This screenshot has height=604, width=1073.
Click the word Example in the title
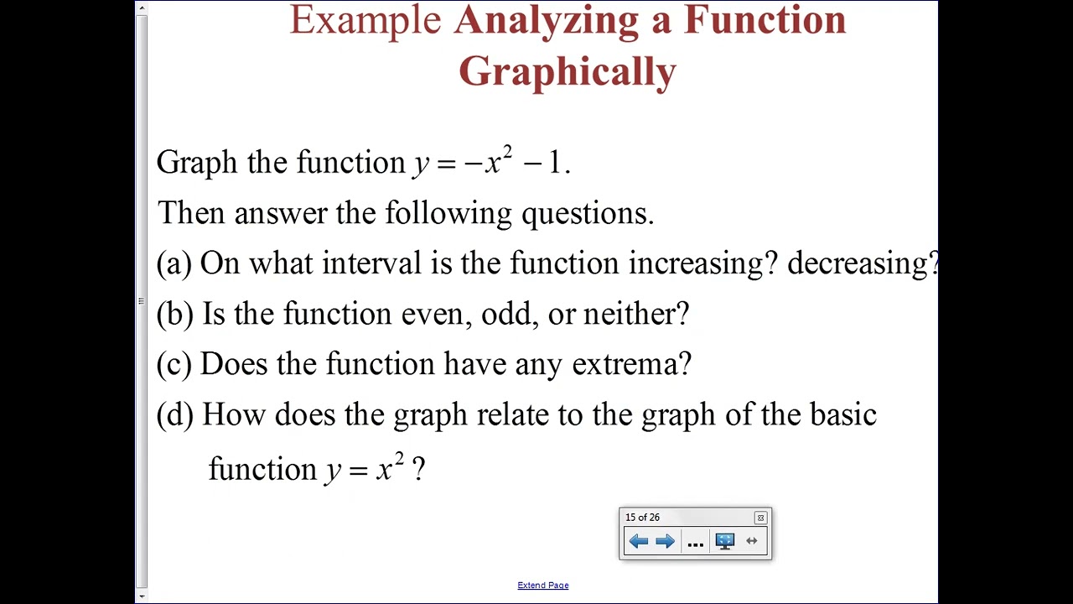point(365,20)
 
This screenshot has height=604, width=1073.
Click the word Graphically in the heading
point(568,72)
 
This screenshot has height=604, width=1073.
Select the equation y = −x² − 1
point(491,162)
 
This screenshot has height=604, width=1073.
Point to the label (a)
point(174,263)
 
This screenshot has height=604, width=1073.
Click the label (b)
point(174,314)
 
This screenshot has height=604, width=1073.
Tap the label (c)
point(174,364)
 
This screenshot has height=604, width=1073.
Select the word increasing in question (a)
point(696,263)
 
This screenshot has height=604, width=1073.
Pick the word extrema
point(631,364)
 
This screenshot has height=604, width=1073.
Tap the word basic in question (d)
point(842,414)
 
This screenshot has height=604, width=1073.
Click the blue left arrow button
point(639,541)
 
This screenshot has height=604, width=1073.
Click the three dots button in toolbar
point(695,543)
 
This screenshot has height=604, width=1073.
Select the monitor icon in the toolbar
point(725,541)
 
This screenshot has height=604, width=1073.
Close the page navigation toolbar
point(760,518)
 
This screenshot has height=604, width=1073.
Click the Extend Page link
point(542,586)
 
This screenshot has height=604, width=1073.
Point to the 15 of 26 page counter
point(642,518)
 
